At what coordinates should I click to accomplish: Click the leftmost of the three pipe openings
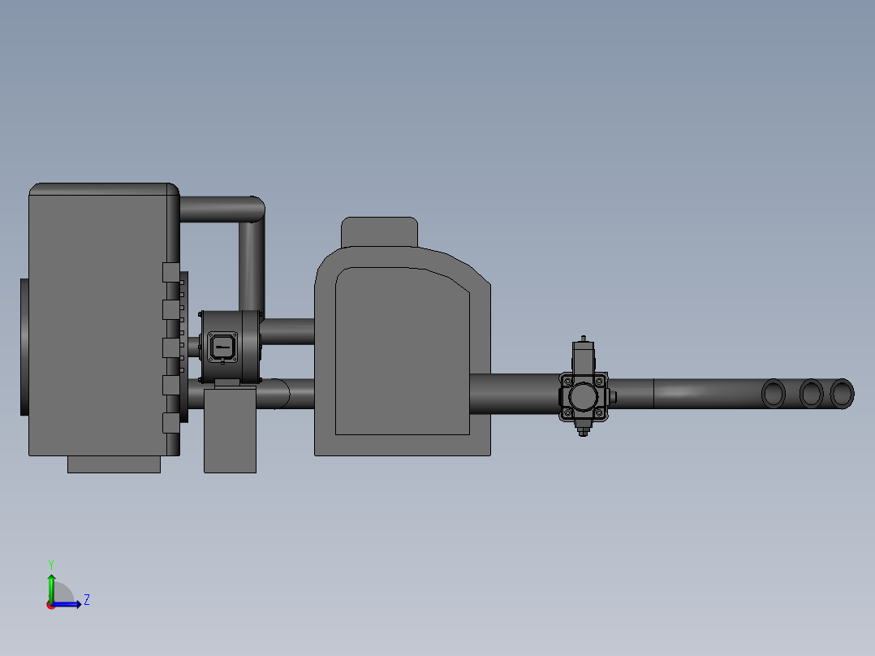[x=774, y=394]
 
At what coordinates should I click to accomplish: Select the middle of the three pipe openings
[x=811, y=394]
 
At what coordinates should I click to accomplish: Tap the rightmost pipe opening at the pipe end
[x=843, y=394]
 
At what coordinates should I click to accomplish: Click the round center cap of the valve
[x=583, y=396]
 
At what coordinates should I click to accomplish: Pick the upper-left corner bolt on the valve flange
[x=566, y=379]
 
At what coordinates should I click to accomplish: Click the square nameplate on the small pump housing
[x=221, y=347]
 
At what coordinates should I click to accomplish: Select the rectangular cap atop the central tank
[x=379, y=231]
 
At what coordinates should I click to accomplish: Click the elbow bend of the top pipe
[x=253, y=209]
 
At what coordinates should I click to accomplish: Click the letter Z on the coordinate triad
[x=86, y=600]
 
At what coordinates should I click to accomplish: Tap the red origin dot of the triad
[x=51, y=605]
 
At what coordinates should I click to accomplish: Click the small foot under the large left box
[x=114, y=464]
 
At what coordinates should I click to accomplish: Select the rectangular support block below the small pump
[x=230, y=430]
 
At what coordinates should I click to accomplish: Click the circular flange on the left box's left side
[x=24, y=347]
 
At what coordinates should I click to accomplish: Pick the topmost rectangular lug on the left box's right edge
[x=170, y=272]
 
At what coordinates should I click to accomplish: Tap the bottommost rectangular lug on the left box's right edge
[x=170, y=422]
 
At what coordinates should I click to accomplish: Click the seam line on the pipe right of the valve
[x=653, y=394]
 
